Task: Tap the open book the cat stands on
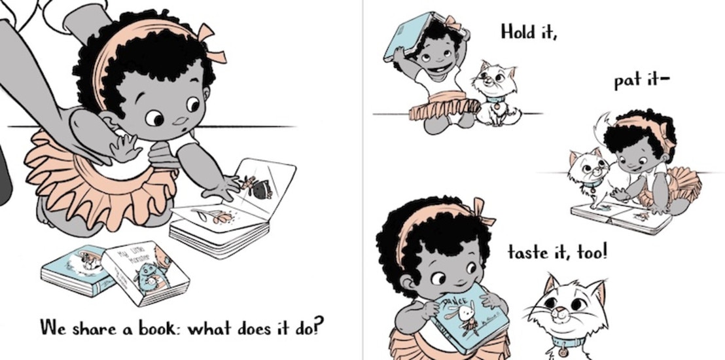(x=621, y=217)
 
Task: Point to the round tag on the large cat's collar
(x=563, y=351)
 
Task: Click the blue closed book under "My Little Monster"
(x=77, y=271)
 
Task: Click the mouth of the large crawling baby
(x=181, y=122)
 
